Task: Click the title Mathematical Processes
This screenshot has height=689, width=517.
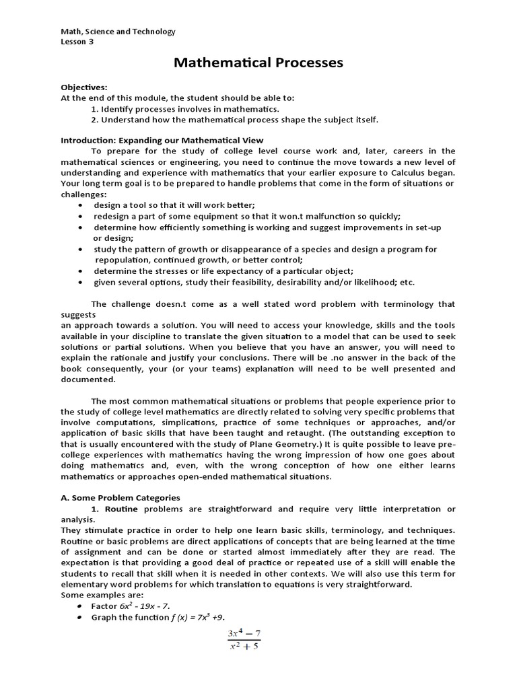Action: point(258,63)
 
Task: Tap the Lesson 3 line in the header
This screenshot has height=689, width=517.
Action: point(77,42)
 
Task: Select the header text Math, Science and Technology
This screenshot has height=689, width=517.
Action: point(118,31)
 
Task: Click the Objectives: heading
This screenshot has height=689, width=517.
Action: point(84,87)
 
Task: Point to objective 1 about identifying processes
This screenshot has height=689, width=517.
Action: point(185,109)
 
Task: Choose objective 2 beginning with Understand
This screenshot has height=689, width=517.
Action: point(235,120)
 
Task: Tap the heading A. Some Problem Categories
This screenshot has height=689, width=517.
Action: point(120,498)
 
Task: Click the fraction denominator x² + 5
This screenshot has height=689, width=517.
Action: point(243,647)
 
